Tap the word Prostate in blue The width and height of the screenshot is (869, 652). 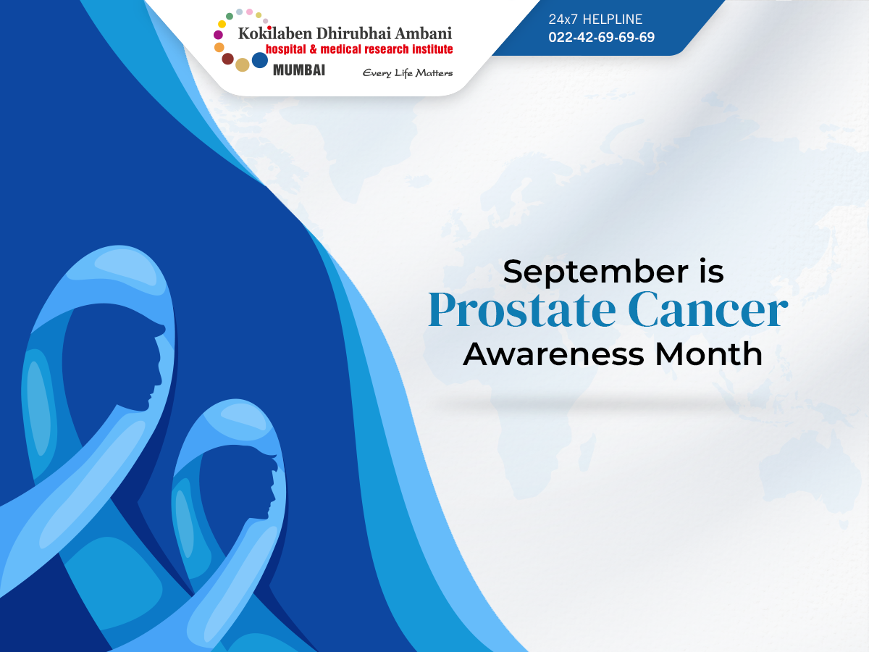[522, 310]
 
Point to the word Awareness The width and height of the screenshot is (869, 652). [553, 354]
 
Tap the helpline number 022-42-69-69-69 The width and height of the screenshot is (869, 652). [601, 37]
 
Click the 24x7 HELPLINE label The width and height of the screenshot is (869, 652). [595, 19]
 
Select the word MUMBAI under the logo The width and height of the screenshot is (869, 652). [299, 70]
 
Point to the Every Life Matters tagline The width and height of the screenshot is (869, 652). [408, 73]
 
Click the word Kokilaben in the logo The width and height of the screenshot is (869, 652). [274, 33]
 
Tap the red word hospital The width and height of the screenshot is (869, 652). [286, 49]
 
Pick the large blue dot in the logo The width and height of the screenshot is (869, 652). [260, 60]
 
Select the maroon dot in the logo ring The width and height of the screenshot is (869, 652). [227, 59]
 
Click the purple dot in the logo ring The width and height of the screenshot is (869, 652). [218, 35]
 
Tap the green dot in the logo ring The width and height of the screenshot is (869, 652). [230, 16]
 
